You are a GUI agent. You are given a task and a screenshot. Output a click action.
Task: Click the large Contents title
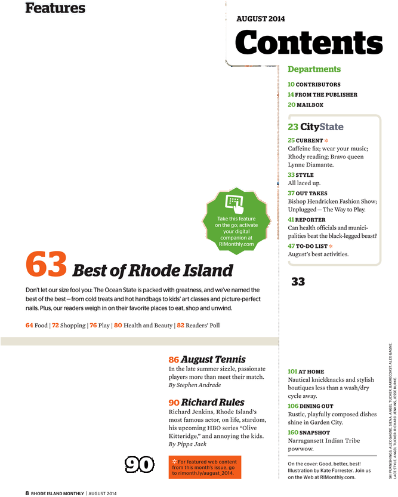coord(308,42)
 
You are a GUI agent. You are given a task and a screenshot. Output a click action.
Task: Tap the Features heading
coord(55,8)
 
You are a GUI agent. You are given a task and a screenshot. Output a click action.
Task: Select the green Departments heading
coord(314,69)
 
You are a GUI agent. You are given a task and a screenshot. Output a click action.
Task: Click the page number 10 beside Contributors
coord(291,84)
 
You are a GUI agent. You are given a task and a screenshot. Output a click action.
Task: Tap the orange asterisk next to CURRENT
coord(326,140)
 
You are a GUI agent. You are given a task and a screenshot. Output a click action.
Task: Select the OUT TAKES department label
coord(311,194)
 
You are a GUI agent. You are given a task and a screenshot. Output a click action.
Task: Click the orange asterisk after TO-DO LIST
coord(331,246)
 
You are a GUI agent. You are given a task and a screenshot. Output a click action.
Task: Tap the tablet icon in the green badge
coord(235,204)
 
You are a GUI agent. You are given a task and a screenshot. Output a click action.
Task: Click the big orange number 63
coord(46,263)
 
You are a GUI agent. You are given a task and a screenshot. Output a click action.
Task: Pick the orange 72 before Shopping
coord(55,325)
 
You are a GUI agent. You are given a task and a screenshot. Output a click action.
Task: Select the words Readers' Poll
coord(203,325)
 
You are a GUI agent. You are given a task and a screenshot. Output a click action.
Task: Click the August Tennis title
coord(213,359)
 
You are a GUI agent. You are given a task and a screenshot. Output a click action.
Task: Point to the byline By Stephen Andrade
coord(195,385)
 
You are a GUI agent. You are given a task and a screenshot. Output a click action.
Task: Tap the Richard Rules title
coord(213,402)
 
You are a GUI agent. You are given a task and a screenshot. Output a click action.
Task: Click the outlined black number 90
coord(139,465)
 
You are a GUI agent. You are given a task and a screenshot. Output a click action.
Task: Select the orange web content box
coord(205,467)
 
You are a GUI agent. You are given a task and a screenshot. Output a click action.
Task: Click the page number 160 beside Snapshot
coord(293,432)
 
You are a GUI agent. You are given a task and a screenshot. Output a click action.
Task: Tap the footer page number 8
coord(27,493)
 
